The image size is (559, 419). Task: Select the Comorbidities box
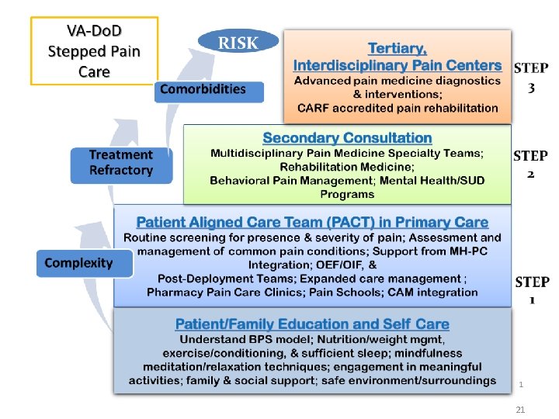click(203, 90)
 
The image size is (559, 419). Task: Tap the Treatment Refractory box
click(120, 163)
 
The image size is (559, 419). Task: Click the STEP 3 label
click(532, 78)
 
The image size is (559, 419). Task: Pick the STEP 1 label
click(532, 290)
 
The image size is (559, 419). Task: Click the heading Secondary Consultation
click(347, 138)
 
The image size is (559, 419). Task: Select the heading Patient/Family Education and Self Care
click(312, 324)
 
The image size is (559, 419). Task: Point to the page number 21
click(521, 409)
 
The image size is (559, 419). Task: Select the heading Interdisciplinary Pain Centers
click(398, 65)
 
